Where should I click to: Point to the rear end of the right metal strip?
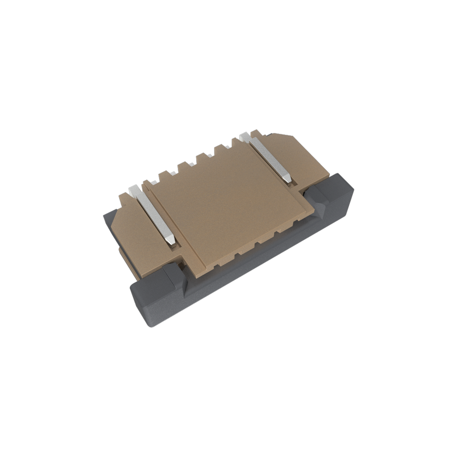pyautogui.click(x=245, y=136)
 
